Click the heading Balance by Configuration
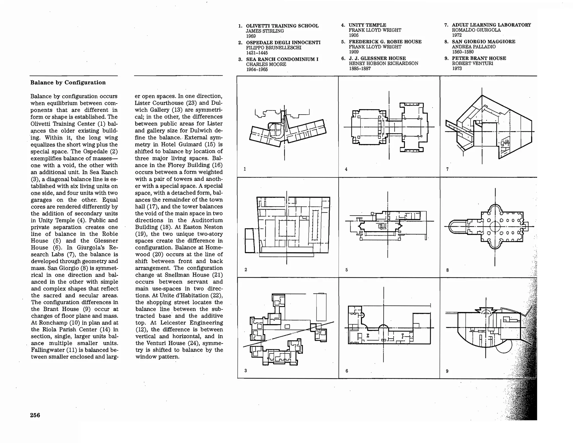pos(68,83)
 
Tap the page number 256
pos(35,415)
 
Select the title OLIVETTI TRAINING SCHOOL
pos(282,26)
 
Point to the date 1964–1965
pos(257,69)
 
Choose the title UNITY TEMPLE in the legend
pos(367,25)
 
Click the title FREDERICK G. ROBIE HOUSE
pos(385,42)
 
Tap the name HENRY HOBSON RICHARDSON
pos(383,64)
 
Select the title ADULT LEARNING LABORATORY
pos(491,25)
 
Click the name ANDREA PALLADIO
pos(473,47)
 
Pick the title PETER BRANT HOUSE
pos(479,58)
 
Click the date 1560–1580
pos(462,52)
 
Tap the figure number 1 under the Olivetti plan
pos(245,169)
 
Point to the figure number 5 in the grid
pos(346,270)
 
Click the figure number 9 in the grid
pos(447,371)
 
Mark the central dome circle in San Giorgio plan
pos(495,227)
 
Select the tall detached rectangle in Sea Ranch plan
pos(321,307)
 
